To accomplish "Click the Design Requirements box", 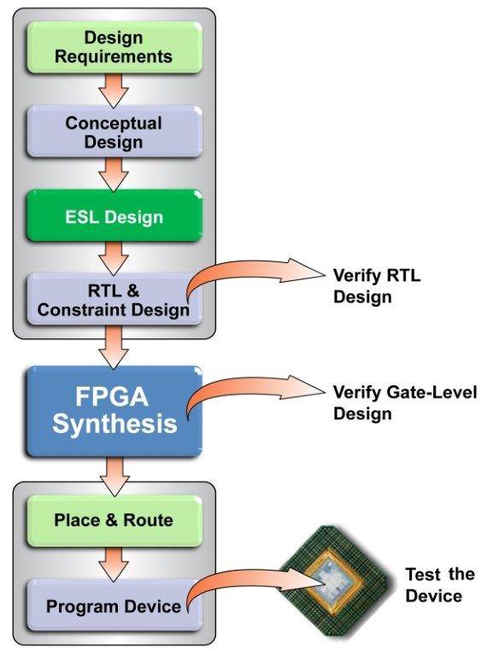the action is coord(114,47).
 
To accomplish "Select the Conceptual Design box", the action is coord(114,132).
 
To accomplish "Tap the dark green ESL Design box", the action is coord(114,216).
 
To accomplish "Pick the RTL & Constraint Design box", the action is coord(114,299).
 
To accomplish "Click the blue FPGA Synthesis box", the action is coord(114,411).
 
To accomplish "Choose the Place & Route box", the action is coord(114,521).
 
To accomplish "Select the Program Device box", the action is coord(114,605).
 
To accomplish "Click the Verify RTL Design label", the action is coord(377,286).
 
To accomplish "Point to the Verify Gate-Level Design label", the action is coord(405,403).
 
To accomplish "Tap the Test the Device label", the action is coord(439,585).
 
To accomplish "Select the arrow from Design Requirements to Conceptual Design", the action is coord(114,91).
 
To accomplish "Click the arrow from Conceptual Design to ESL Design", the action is coord(114,174).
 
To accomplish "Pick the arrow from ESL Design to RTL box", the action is coord(114,258).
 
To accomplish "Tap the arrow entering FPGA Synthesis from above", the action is coord(114,348).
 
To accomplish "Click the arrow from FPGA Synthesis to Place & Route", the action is coord(114,477).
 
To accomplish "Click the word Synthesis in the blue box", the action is coord(115,424).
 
